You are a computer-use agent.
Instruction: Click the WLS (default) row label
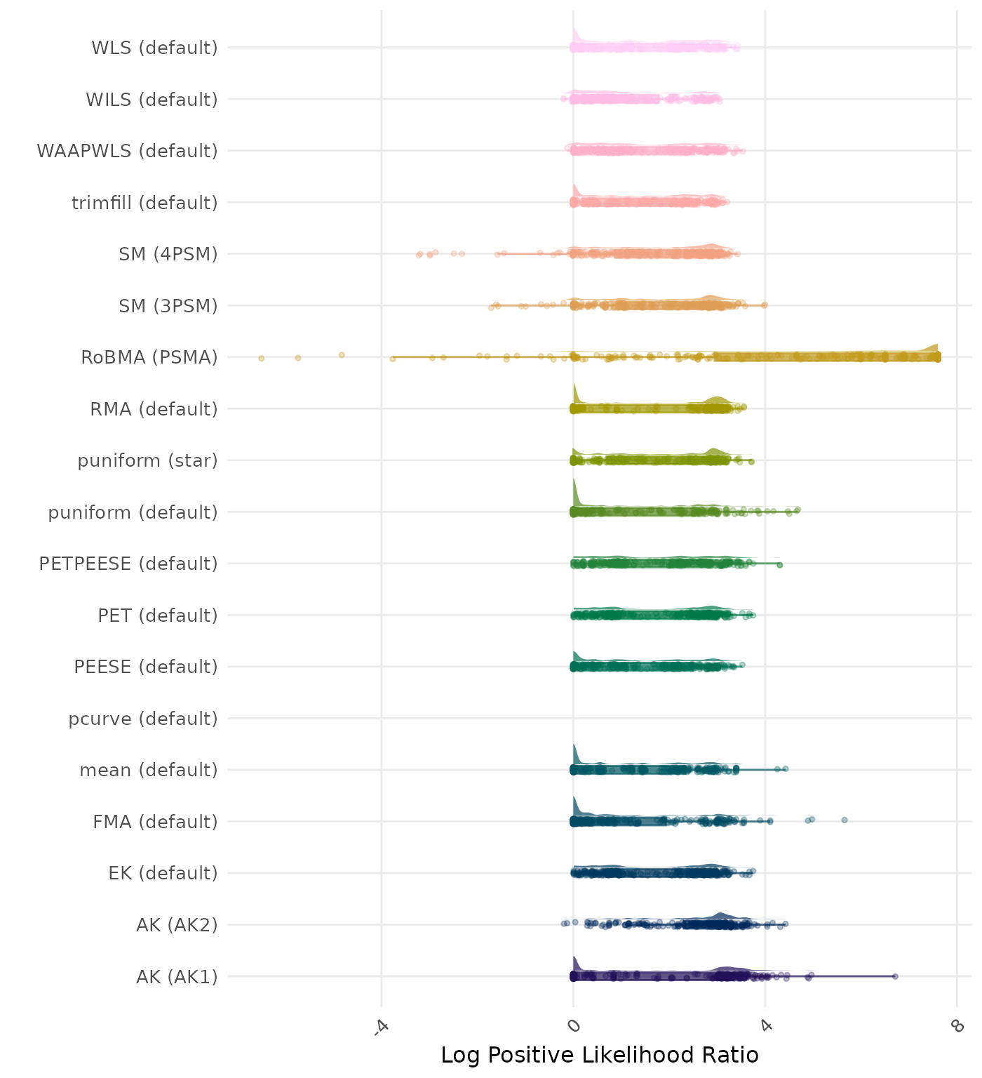(x=154, y=48)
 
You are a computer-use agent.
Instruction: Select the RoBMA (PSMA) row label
(x=149, y=357)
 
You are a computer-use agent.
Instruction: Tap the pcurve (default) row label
(x=143, y=719)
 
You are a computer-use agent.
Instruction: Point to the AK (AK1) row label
(x=177, y=976)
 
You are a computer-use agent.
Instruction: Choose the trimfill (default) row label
(x=144, y=203)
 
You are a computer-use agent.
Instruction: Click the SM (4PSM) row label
(x=168, y=254)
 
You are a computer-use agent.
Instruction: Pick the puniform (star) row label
(x=147, y=460)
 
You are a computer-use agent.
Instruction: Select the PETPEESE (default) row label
(x=128, y=564)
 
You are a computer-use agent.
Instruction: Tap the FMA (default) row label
(x=155, y=822)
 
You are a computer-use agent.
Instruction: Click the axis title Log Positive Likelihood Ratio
(x=600, y=1055)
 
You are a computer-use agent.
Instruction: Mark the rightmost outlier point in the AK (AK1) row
(x=895, y=976)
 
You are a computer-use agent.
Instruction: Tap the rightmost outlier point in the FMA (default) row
(x=845, y=820)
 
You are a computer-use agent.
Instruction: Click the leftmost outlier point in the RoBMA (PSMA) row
(x=261, y=358)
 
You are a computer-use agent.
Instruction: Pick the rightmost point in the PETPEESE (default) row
(x=780, y=564)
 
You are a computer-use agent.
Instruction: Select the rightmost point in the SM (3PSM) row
(x=765, y=305)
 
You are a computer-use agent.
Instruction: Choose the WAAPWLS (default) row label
(x=127, y=151)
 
